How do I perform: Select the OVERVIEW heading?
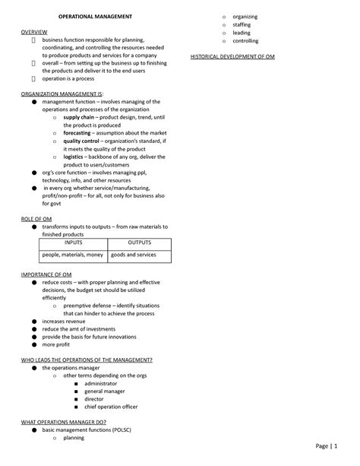coord(35,33)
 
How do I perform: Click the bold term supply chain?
coord(80,118)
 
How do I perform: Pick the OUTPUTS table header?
coord(139,244)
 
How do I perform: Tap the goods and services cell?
coord(134,255)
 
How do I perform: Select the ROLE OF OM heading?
coord(36,218)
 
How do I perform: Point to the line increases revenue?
coord(64,322)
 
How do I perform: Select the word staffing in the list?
coord(242,25)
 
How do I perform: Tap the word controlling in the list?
coord(246,41)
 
